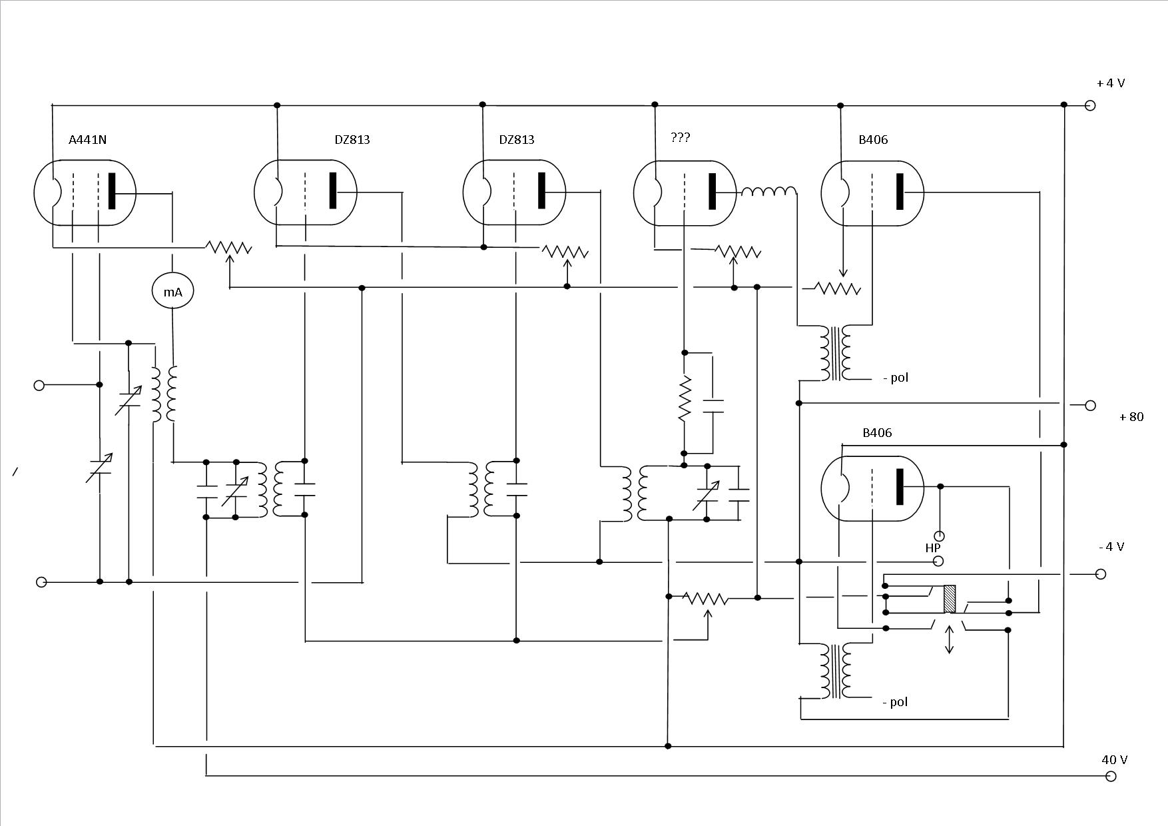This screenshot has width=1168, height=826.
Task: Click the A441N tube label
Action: click(x=87, y=140)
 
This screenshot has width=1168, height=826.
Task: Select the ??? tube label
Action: click(x=681, y=138)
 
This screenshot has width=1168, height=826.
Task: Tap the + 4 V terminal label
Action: click(x=1111, y=83)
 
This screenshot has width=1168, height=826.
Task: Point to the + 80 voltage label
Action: click(x=1131, y=417)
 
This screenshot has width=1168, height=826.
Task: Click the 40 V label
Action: click(x=1115, y=759)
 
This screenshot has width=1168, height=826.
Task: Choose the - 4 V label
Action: click(x=1111, y=547)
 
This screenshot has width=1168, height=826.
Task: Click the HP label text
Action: click(x=933, y=548)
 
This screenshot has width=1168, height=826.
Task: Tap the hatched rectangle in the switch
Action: click(x=950, y=599)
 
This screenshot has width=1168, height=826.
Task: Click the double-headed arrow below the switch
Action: click(x=950, y=639)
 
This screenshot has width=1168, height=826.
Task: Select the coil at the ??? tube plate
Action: click(x=768, y=192)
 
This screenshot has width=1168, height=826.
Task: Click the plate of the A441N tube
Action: click(x=112, y=192)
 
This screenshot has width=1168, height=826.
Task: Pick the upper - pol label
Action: click(x=896, y=378)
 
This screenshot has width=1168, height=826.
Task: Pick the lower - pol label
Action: click(x=896, y=702)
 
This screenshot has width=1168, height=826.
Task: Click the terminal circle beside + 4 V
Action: click(x=1090, y=105)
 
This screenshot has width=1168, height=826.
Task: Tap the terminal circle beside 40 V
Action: click(x=1110, y=776)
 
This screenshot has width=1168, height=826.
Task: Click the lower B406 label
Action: click(x=877, y=433)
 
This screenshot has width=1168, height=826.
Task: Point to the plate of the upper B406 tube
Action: click(x=901, y=192)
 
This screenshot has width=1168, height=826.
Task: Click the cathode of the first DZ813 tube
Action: click(x=277, y=192)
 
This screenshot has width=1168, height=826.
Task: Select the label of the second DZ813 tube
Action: click(x=517, y=140)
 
